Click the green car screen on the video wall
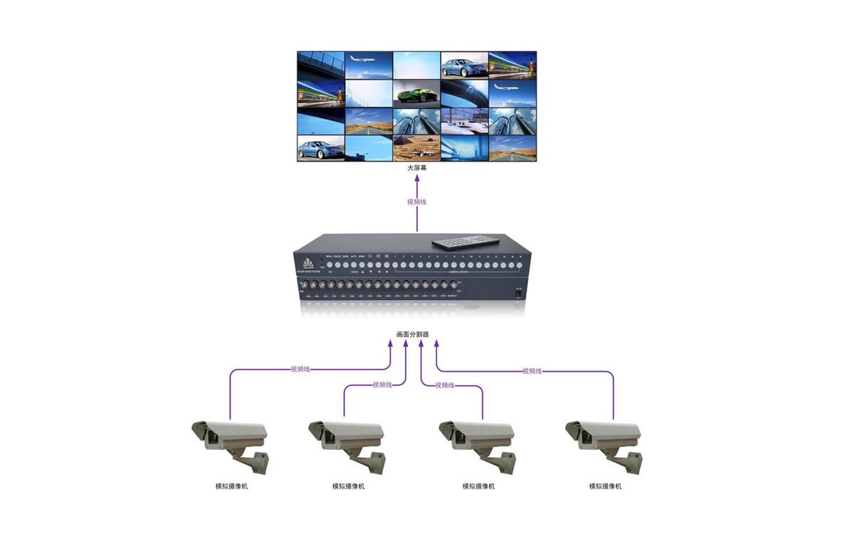coord(416,93)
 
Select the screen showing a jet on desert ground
coord(416,147)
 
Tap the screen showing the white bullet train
coord(464,121)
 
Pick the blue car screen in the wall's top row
coord(464,66)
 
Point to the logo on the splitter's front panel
coord(308,261)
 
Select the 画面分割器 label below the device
coord(413,334)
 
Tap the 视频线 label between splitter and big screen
coord(416,202)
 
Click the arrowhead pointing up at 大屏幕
coord(416,180)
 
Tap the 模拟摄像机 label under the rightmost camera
coord(605,486)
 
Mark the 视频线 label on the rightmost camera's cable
coord(532,371)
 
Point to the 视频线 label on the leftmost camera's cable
coord(300,370)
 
